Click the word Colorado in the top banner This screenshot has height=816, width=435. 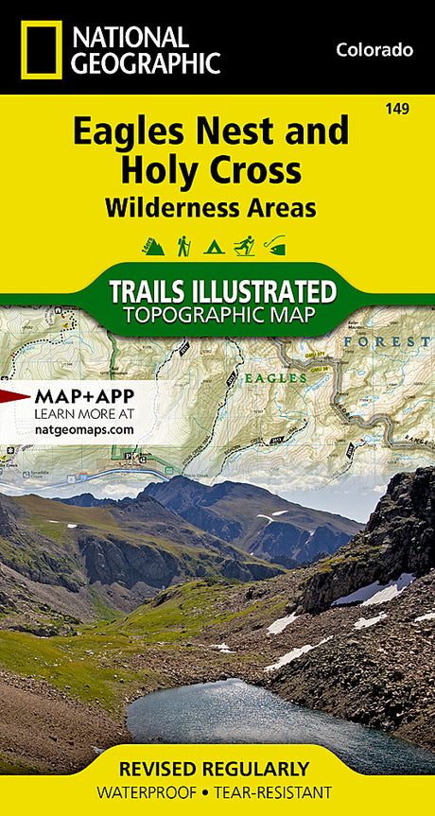pos(374,50)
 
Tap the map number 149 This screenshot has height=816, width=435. pos(397,110)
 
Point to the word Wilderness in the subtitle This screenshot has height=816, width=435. pos(158,207)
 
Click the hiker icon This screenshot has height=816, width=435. pos(183,246)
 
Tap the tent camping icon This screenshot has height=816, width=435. pos(214,246)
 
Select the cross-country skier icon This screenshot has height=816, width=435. pos(244,246)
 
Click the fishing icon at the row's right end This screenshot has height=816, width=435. pos(275,246)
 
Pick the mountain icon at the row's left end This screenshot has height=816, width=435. pos(153,246)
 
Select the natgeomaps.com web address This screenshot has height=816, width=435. pos(83,429)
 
